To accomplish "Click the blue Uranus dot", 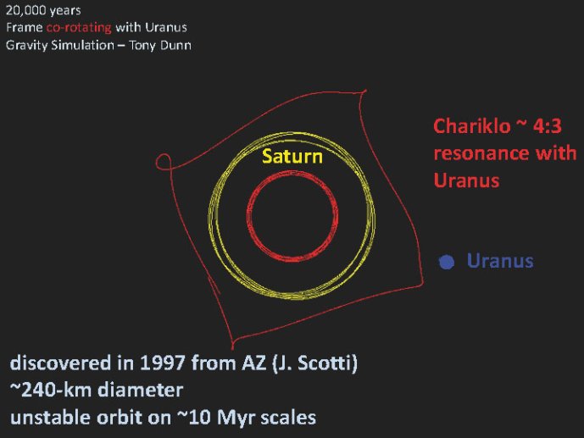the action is (x=447, y=262).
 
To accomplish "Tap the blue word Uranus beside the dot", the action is (x=500, y=261).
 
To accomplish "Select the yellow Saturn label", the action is (x=292, y=156).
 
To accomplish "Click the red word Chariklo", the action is (x=472, y=126).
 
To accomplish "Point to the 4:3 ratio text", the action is (x=547, y=126).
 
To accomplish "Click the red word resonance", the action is (x=481, y=153).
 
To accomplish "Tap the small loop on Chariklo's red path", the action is (x=164, y=162).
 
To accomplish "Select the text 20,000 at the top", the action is (x=25, y=10).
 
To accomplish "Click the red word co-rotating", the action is (x=79, y=28).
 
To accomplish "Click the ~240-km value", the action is (x=51, y=390).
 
